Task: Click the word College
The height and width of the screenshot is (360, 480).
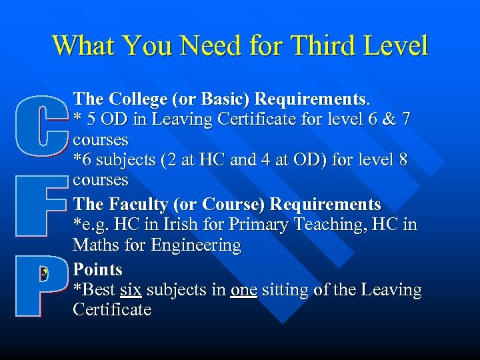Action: [136, 99]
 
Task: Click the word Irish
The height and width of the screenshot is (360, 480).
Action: [197, 225]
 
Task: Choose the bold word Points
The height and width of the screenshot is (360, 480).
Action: [98, 269]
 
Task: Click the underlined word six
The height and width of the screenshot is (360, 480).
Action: [131, 290]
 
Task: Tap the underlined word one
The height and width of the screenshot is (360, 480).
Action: [243, 290]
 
